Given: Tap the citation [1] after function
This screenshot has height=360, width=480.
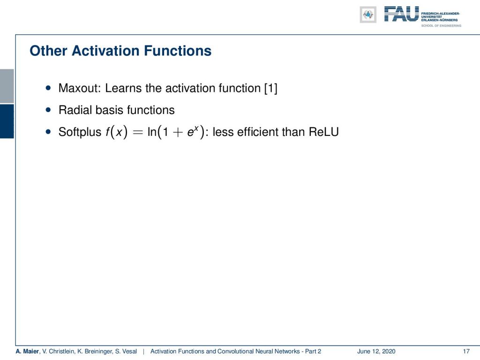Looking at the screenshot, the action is [271, 89].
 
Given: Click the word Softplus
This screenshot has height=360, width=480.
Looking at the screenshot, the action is [80, 132].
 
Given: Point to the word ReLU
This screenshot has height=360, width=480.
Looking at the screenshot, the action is [323, 132].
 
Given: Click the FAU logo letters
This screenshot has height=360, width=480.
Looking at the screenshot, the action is [401, 14].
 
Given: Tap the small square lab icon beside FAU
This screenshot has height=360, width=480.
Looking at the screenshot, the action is [368, 15].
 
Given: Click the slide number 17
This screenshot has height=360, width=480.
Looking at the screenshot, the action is [466, 351].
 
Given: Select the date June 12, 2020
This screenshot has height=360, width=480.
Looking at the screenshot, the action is [376, 351].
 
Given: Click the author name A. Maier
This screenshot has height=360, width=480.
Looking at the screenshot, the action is [28, 351].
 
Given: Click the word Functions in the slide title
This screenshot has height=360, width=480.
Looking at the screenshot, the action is [178, 51].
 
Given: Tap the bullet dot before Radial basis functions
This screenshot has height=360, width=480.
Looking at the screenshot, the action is [48, 110].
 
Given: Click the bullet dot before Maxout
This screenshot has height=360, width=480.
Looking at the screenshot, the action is [48, 88].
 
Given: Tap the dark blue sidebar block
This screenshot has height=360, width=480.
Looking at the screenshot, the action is [7, 121].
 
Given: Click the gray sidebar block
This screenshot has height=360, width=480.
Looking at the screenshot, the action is [7, 86].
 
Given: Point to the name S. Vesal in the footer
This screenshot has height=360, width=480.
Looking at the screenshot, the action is [126, 351].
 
